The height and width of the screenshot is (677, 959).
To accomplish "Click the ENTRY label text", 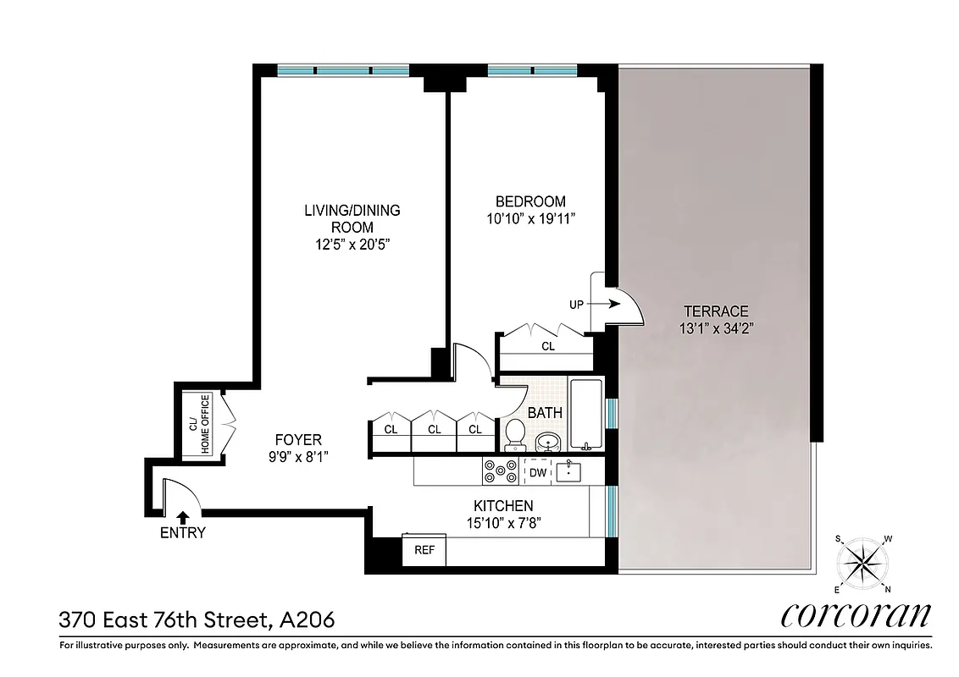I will pyautogui.click(x=182, y=533).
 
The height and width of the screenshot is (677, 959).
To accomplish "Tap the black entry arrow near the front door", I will pyautogui.click(x=182, y=516).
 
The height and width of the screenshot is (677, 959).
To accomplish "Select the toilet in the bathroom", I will pyautogui.click(x=514, y=435).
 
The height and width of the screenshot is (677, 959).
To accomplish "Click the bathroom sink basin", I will pyautogui.click(x=546, y=442).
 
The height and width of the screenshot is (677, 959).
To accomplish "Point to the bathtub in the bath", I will pyautogui.click(x=585, y=416).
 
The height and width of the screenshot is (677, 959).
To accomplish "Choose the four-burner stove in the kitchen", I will pyautogui.click(x=500, y=471).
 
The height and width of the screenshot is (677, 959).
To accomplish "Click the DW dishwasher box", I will pyautogui.click(x=537, y=472).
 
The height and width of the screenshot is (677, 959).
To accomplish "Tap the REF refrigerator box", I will pyautogui.click(x=424, y=550).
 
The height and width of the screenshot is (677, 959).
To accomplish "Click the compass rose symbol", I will pyautogui.click(x=863, y=563).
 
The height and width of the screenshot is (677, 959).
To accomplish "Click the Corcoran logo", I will pyautogui.click(x=855, y=614).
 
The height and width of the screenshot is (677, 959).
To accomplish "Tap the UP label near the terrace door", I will pyautogui.click(x=576, y=305).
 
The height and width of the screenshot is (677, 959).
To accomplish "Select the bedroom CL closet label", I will pyautogui.click(x=548, y=346).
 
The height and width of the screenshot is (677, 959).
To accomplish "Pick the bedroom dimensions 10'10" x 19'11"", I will pyautogui.click(x=530, y=218).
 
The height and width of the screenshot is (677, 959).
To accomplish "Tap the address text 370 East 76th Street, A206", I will pyautogui.click(x=197, y=619).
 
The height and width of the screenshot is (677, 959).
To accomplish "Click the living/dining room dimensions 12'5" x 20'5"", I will pyautogui.click(x=352, y=244).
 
